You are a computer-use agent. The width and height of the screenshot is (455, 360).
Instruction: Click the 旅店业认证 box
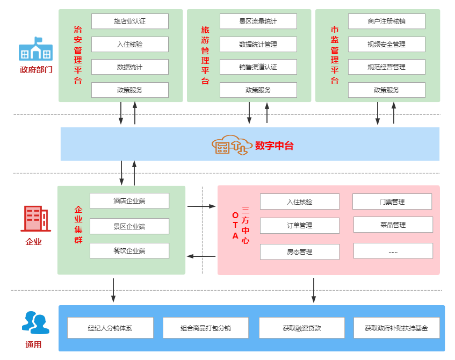point(129,21)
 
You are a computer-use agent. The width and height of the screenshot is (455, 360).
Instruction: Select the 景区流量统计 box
point(258,21)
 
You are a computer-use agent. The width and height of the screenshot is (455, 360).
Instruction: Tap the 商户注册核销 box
point(386,21)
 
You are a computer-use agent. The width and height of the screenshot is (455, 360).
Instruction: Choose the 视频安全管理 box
point(386,44)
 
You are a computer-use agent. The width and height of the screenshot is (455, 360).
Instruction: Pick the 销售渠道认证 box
point(258,67)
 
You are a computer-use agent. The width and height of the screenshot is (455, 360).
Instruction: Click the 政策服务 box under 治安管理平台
point(129,90)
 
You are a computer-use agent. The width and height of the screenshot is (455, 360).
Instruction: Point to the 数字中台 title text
point(274,145)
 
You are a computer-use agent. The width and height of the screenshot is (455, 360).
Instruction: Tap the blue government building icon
point(35,49)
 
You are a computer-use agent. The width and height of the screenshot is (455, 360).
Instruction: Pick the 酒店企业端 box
point(129,201)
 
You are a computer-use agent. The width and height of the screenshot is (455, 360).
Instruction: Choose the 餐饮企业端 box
point(129,250)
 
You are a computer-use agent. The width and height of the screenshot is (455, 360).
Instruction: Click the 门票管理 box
point(392,201)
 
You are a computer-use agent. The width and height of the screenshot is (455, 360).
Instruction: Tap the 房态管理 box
point(299,251)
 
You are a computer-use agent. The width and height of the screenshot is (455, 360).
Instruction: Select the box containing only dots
point(393,251)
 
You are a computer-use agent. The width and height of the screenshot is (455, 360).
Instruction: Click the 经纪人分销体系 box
point(110,328)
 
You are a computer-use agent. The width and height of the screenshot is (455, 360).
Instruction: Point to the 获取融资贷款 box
point(301,328)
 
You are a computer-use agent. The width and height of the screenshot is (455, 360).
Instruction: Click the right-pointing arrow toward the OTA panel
point(201,206)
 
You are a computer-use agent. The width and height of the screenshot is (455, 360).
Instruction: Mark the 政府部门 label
point(36,70)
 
